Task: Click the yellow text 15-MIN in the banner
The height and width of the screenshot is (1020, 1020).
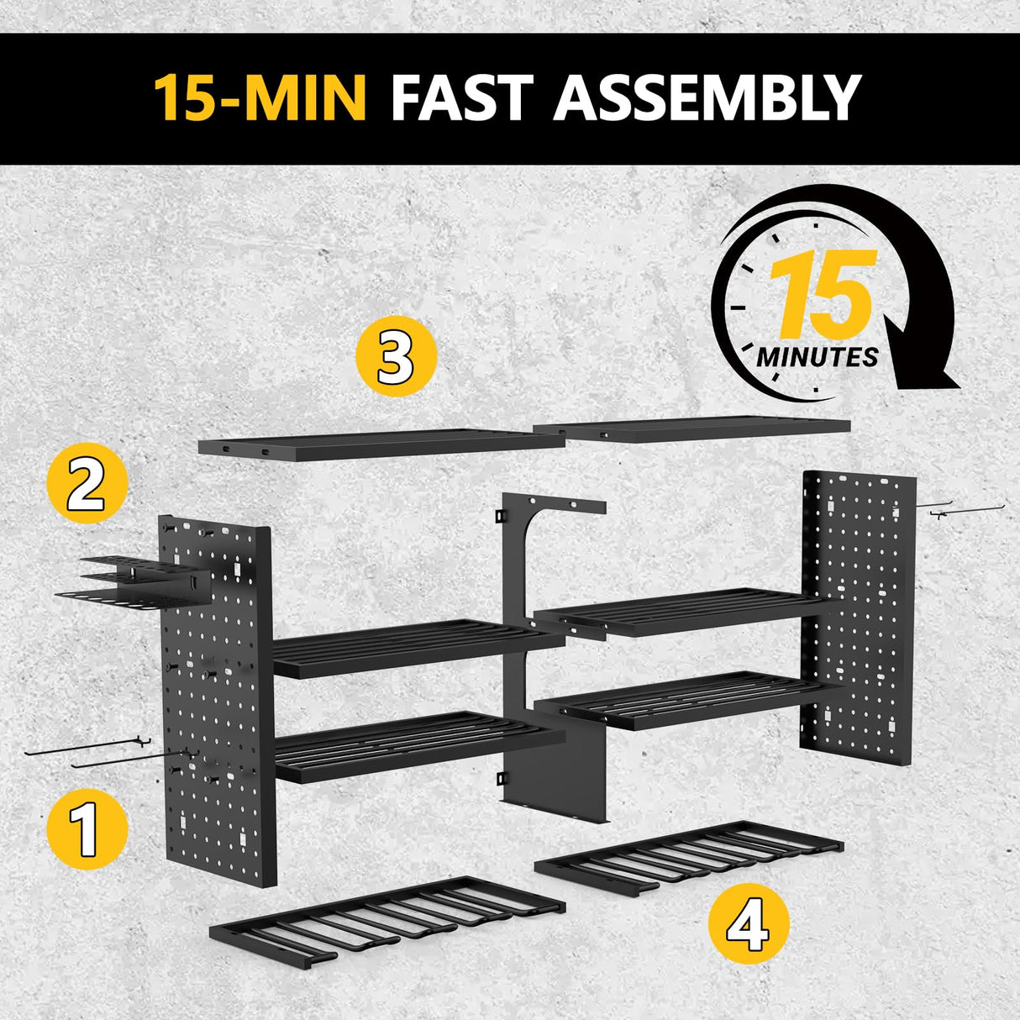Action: click(260, 97)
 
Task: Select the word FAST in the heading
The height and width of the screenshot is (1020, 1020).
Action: click(460, 97)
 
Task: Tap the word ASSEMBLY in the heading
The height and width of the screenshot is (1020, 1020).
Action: click(707, 97)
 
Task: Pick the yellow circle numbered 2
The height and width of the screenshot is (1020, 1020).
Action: click(87, 485)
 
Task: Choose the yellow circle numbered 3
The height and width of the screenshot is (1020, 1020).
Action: click(397, 356)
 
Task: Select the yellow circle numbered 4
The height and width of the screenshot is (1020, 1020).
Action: click(749, 923)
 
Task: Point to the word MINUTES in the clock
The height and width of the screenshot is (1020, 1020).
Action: click(817, 357)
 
